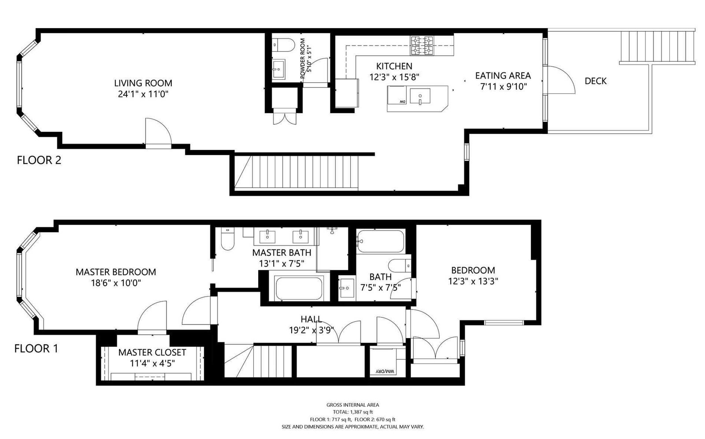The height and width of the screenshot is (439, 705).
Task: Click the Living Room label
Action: [143, 83]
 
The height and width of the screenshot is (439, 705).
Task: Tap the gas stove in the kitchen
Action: [422, 46]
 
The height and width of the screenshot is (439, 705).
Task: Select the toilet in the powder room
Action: [282, 45]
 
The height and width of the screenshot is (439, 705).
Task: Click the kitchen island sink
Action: [420, 96]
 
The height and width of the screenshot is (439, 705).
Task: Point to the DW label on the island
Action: [403, 102]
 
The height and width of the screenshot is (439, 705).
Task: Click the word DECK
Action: [595, 81]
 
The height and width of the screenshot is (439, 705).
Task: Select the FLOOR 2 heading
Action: [39, 160]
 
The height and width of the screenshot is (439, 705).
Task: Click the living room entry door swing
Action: [158, 132]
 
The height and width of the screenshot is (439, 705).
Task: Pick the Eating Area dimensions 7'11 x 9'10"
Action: [504, 86]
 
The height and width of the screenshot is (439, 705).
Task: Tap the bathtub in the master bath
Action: [299, 288]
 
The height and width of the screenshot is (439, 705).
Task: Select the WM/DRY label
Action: [386, 371]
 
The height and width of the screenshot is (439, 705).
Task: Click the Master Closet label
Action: [152, 353]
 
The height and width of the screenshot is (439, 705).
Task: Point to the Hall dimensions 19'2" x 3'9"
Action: [311, 330]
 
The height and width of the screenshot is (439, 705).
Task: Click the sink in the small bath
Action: [346, 288]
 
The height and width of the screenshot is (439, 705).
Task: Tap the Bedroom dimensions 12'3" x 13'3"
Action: [473, 281]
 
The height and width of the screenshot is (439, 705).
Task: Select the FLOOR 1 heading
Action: [37, 349]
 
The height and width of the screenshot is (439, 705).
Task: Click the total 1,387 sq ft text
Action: [352, 412]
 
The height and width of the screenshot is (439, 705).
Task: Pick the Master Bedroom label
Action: [116, 272]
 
